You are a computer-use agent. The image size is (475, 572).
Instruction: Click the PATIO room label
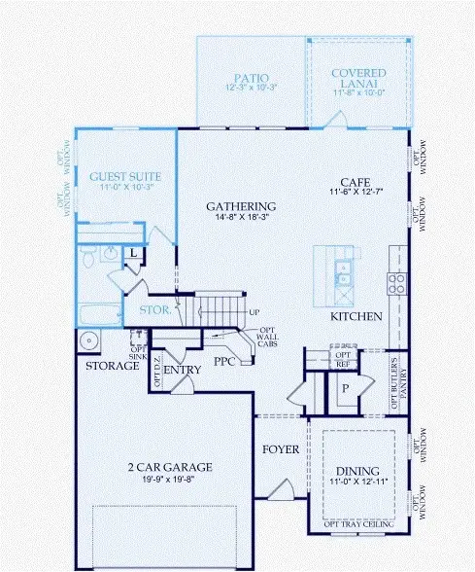(x=252, y=77)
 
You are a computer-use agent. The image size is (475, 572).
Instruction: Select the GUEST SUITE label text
(x=125, y=177)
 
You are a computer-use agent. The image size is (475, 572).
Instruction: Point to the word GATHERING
(x=242, y=206)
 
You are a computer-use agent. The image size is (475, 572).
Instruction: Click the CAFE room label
(x=355, y=182)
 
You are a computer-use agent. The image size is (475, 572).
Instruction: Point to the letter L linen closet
(x=133, y=254)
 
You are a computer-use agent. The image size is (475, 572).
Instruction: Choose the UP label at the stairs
(x=254, y=312)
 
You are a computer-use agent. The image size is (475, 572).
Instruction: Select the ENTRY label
(x=182, y=371)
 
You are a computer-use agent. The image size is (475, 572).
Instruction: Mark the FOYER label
(x=282, y=450)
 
